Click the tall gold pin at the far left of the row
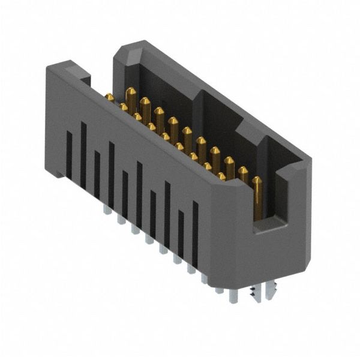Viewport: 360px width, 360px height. pyautogui.click(x=130, y=100)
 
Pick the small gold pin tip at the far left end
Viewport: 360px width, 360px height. pyautogui.click(x=110, y=97)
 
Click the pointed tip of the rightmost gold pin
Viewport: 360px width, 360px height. pyautogui.click(x=257, y=179)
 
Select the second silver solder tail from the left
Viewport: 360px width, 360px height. pyautogui.click(x=121, y=219)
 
